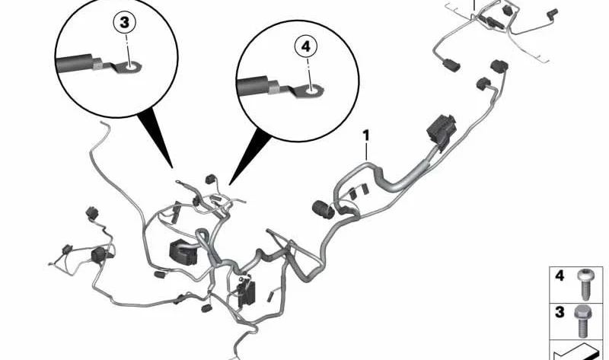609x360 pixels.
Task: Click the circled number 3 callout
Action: pos(124,23)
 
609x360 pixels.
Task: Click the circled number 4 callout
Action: pos(306,46)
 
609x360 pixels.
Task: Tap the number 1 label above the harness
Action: pos(366,136)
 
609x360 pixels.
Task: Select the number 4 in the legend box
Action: pos(560,276)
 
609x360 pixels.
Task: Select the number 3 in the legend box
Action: pos(560,311)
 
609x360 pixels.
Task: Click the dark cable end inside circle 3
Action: pos(75,64)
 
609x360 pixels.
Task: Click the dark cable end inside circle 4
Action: pos(257,87)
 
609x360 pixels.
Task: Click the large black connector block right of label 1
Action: pos(441,129)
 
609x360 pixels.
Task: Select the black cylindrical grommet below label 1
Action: pos(323,209)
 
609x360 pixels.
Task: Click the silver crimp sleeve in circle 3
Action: pos(98,65)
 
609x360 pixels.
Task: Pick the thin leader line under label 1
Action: pos(366,152)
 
